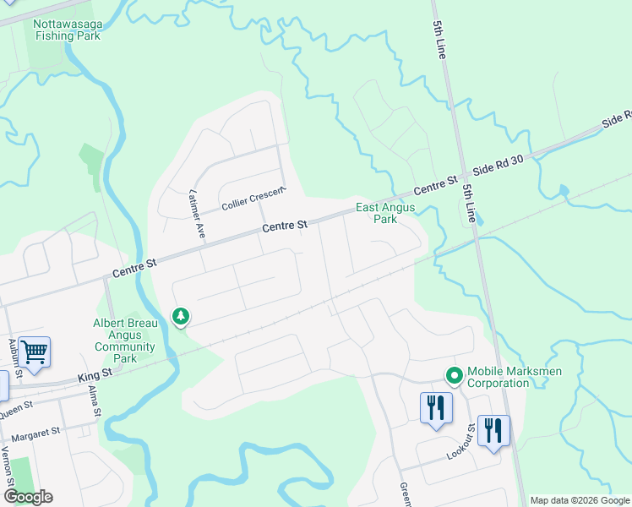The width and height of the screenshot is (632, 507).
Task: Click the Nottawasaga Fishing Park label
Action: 67,30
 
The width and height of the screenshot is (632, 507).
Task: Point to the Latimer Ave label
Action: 198,215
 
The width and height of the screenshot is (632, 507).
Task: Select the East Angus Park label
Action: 376,213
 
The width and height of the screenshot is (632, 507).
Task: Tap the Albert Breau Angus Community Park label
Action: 124,341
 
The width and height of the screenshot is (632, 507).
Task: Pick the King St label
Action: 95,373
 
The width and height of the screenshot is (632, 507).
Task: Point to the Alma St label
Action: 94,401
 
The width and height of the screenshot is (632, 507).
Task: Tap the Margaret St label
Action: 37,432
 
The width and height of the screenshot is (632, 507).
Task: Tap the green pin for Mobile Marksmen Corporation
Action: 454,374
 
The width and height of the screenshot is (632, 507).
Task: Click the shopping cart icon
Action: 34,351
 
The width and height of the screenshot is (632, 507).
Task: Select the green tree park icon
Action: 180,316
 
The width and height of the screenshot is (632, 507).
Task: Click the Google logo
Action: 27,496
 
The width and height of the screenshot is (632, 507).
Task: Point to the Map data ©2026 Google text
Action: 580,500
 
